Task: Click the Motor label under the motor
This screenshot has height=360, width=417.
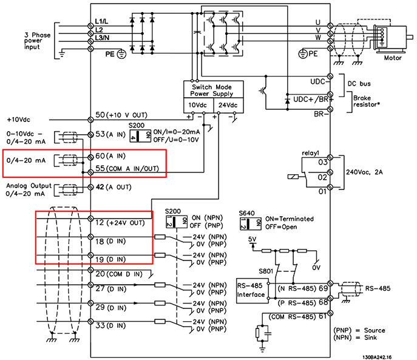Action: tap(393, 59)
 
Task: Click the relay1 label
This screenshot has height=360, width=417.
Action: tap(310, 154)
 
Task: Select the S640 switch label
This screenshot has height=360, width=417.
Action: tap(247, 213)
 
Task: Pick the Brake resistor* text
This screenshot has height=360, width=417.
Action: tap(368, 100)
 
